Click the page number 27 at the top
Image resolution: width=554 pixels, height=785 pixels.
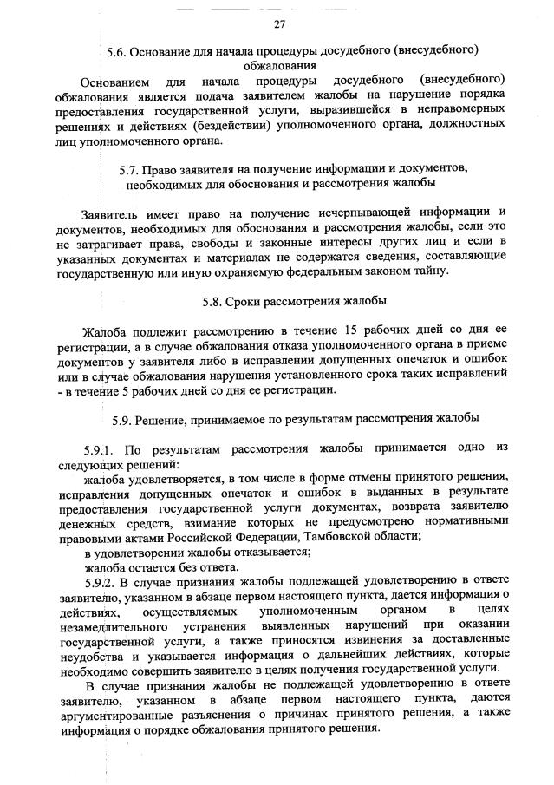[x=278, y=23]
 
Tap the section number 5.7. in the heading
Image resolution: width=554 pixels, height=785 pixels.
[x=131, y=167]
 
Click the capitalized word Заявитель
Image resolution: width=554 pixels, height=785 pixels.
[x=113, y=212]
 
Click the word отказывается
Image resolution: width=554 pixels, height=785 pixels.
[x=259, y=551]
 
